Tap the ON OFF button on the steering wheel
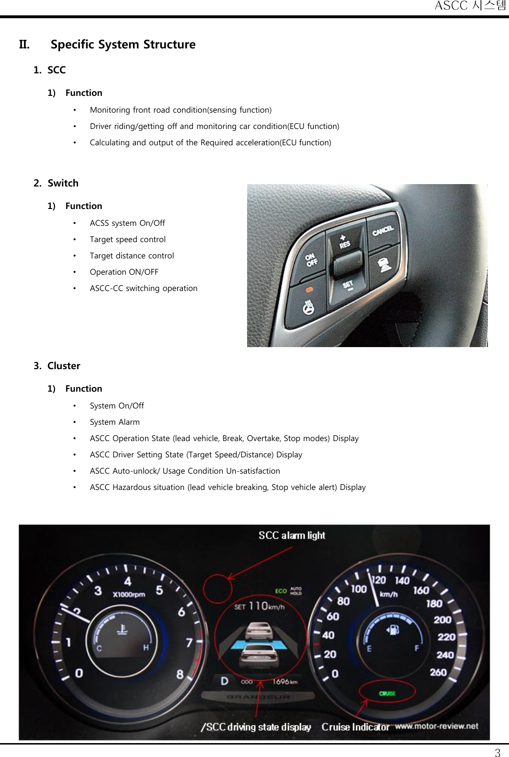coord(312,260)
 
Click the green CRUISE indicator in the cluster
coord(387,693)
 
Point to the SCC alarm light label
coord(292,536)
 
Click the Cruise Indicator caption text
coord(355,727)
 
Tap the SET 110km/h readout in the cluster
coord(259,606)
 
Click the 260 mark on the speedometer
coord(438,672)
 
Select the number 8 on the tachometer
coord(180,674)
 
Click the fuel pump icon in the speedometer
coord(393,629)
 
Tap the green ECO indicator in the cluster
coord(281,591)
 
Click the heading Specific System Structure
coord(123,45)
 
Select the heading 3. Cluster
coord(57,366)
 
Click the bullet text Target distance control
coord(132,256)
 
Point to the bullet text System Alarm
coord(115,422)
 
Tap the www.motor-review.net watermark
coord(436,726)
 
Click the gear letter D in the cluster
coord(225,681)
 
